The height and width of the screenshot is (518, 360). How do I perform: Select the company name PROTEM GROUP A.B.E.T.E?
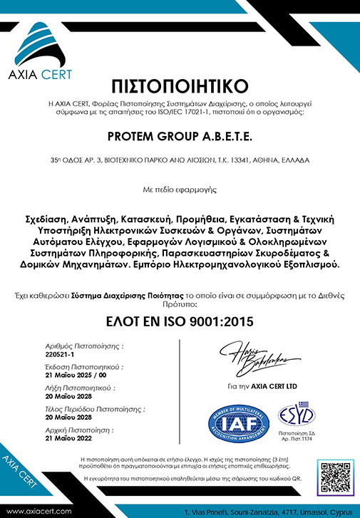click(180, 135)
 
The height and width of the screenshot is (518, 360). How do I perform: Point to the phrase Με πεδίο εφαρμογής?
click(180, 190)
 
